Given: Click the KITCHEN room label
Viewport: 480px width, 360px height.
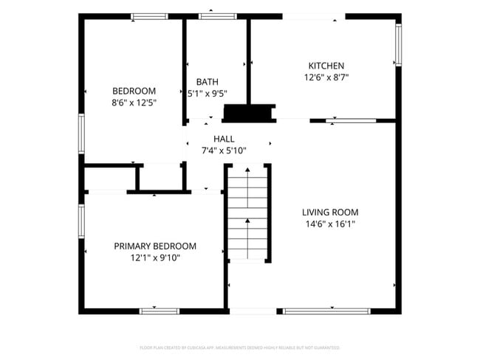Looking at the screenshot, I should point(326,66).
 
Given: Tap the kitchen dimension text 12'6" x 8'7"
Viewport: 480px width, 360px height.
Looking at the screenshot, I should point(326,77).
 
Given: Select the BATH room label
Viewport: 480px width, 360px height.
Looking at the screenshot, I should point(207,82).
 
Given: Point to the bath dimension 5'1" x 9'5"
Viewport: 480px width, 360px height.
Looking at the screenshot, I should point(207,94).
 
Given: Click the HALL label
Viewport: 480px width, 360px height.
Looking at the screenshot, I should point(224,139).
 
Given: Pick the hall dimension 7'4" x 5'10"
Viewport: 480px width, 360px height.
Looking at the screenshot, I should point(224,150).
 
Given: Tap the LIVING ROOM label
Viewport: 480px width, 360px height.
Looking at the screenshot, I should point(331,212).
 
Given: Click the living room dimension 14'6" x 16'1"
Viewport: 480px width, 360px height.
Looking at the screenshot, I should point(331,224).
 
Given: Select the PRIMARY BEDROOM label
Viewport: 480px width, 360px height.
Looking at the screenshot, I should point(155,246).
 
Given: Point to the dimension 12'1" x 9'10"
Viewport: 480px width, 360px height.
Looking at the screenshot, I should point(155,258).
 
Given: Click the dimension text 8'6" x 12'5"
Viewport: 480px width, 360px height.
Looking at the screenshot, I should point(134,103).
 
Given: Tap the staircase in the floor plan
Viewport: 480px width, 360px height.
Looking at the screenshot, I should point(247,214).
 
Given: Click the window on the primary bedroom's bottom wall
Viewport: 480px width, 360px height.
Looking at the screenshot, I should point(160,311).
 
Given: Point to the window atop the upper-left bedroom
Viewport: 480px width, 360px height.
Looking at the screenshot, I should point(149,16).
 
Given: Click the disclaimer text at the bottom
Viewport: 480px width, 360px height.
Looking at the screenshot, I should point(240,347).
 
